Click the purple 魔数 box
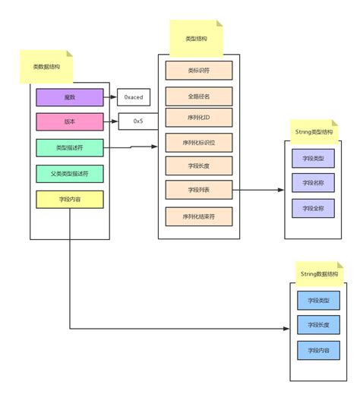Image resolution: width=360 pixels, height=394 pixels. coord(69,97)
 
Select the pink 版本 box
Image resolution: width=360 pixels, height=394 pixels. coord(69,122)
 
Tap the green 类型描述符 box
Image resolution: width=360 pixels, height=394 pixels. coord(69,148)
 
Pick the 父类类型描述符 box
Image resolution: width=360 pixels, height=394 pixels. coord(69,174)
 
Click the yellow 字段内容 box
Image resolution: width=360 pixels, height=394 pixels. coord(69,199)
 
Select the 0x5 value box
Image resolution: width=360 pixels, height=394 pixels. coord(138,121)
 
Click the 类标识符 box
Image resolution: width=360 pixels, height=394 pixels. coord(198,71)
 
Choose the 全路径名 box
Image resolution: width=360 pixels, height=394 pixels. coord(198,96)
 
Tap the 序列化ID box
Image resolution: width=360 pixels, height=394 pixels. coord(198,118)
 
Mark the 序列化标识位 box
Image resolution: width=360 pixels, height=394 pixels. coord(198,142)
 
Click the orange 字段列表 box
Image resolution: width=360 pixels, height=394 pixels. coord(198,189)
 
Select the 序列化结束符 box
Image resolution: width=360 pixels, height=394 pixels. coord(198,216)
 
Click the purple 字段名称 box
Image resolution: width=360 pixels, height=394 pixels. coord(313,182)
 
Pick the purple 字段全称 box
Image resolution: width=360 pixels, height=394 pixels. coord(313,207)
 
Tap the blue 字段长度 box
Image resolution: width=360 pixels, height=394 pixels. coord(318,325)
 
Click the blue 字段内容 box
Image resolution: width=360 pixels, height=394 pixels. coord(318,351)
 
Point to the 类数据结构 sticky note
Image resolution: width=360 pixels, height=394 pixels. coord(47,66)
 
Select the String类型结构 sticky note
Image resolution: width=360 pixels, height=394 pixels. coord(313,131)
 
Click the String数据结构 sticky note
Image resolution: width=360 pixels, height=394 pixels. coord(318,272)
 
